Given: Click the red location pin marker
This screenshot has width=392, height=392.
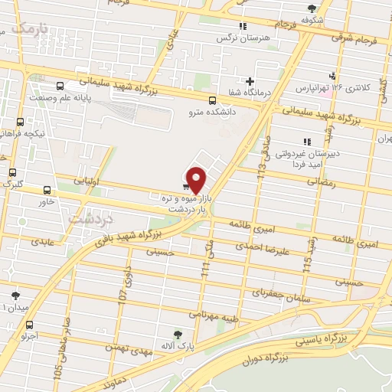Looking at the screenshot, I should coord(197,178).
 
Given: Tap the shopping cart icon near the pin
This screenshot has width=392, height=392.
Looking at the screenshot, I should coord(186,185).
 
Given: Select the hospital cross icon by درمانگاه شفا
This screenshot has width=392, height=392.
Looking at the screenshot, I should coord(250,82).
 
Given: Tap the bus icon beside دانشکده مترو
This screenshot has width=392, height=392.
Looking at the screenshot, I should coord(212,99).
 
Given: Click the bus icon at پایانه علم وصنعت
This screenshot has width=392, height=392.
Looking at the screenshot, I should coord(60,86).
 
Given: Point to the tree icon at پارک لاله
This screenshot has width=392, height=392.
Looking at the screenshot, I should coord(178,334).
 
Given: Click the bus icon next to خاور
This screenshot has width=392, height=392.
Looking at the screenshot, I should coord(47,190).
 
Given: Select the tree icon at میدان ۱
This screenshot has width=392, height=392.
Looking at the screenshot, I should coord(16,296).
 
